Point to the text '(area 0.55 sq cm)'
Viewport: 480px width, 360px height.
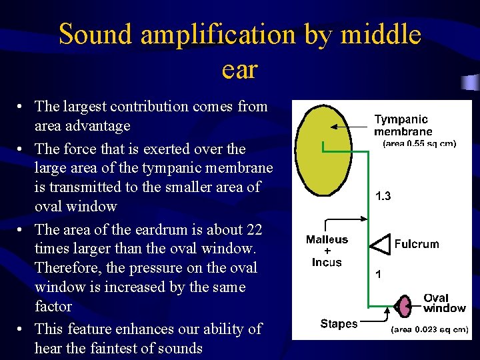tap(419, 144)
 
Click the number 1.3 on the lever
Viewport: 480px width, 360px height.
tap(383, 197)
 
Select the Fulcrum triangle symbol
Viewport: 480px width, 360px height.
tap(381, 245)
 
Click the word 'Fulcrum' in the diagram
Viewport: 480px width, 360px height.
tap(417, 244)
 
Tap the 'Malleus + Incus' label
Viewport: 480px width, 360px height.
tap(327, 251)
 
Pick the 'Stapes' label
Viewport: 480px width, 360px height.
tap(339, 324)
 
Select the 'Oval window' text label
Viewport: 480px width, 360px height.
tap(444, 303)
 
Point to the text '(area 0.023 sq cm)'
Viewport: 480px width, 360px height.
tap(429, 329)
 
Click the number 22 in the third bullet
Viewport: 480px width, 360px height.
tap(253, 229)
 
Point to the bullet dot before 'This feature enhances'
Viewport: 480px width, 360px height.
tap(22, 329)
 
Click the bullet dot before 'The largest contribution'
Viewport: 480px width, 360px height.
tap(22, 107)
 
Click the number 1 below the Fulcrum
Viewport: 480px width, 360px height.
tap(379, 274)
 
